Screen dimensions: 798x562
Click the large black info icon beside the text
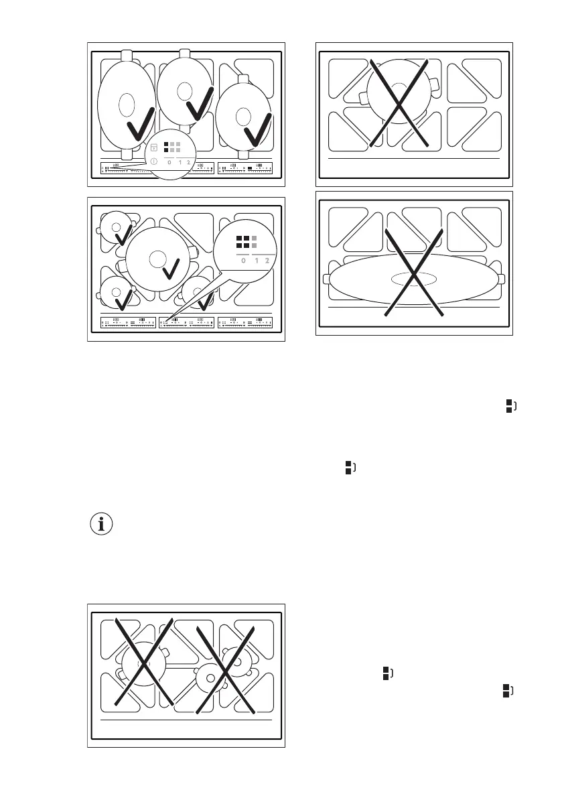[102, 525]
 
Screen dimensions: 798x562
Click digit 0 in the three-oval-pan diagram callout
[169, 163]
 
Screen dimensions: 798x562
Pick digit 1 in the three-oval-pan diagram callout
[180, 163]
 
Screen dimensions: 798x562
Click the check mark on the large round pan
[171, 269]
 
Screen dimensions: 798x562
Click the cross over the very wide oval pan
[415, 271]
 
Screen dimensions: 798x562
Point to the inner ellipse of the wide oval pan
[414, 278]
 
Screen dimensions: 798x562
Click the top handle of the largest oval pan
[127, 56]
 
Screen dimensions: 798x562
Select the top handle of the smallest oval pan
[244, 78]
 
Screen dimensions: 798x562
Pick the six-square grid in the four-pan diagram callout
[244, 243]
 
